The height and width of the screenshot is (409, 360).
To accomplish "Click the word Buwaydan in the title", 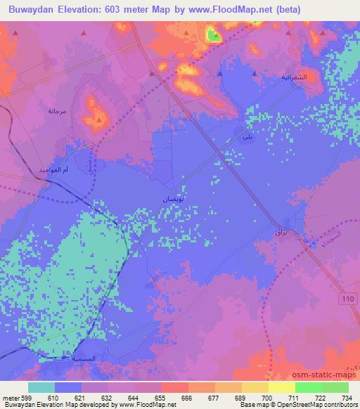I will click(33, 10).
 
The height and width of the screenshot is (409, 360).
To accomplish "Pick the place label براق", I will click(282, 231).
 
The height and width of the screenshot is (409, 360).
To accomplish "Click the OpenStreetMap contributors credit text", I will click(321, 405).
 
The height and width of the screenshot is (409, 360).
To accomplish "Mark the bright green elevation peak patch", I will click(212, 33).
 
